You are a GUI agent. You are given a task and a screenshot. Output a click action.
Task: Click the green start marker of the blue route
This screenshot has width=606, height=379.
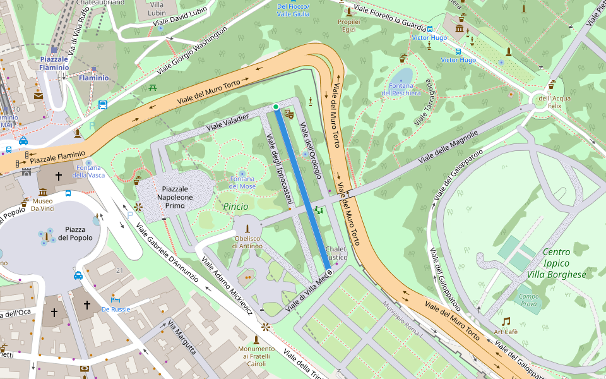(x=276, y=107)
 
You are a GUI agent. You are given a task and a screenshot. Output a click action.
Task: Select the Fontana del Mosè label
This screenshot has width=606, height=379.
(x=242, y=183)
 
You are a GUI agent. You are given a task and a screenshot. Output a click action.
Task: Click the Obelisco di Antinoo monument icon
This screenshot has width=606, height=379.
(x=248, y=228)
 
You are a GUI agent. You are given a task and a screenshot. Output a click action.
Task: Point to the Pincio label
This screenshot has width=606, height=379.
(x=235, y=206)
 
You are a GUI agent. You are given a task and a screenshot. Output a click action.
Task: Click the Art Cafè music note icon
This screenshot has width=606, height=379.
(x=506, y=322)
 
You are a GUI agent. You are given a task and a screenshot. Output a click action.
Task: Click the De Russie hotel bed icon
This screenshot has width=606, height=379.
(x=115, y=299)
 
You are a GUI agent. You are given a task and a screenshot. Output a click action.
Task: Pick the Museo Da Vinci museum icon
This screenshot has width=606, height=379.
(x=42, y=192)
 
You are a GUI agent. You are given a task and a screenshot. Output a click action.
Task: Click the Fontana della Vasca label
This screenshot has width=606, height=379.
(x=88, y=171)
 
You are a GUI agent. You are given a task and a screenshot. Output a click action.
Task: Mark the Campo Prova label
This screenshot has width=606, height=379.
(x=529, y=300)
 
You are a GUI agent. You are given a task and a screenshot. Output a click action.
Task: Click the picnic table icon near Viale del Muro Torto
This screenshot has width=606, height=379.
(x=153, y=88)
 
